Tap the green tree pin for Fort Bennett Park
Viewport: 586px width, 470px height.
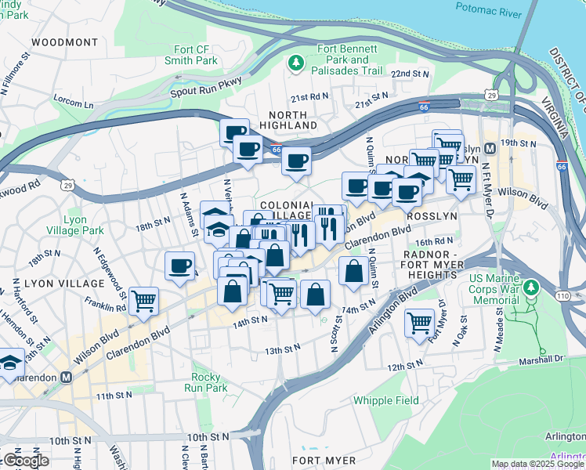point(296,62)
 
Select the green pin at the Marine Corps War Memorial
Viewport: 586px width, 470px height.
point(532,289)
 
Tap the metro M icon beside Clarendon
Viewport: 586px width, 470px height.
point(67,377)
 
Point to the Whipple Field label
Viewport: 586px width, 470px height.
point(386,400)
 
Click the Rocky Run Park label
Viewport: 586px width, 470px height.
point(204,382)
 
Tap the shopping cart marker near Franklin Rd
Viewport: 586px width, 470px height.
point(144,301)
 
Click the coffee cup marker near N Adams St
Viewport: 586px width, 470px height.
point(180,266)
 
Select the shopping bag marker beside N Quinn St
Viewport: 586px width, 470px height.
point(354,271)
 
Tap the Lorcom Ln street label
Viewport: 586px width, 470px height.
point(73,101)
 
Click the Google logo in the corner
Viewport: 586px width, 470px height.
point(26,461)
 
